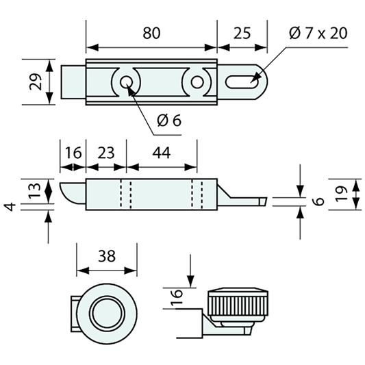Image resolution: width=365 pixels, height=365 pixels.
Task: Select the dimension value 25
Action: pos(240,32)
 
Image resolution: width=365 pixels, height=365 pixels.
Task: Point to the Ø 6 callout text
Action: pos(168,121)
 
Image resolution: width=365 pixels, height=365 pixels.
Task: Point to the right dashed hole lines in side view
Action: pos(197,194)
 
